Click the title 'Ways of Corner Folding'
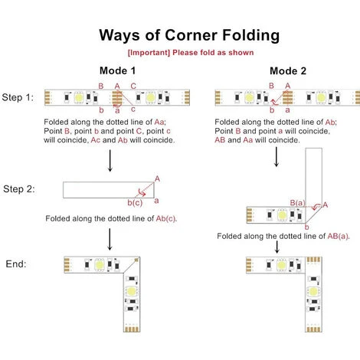pyautogui.click(x=189, y=35)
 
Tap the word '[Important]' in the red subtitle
pyautogui.click(x=149, y=53)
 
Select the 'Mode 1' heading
pyautogui.click(x=117, y=70)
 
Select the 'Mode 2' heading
pyautogui.click(x=288, y=70)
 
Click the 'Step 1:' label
pyautogui.click(x=18, y=97)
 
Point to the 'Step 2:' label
pyautogui.click(x=19, y=189)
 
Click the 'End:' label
pyautogui.click(x=16, y=263)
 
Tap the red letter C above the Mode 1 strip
pyautogui.click(x=133, y=86)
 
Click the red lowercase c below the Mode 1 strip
pyautogui.click(x=133, y=110)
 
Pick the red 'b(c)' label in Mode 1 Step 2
pyautogui.click(x=135, y=203)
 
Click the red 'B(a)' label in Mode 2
pyautogui.click(x=298, y=203)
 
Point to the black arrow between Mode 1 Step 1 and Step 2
pyautogui.click(x=110, y=161)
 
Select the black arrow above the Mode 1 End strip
pyautogui.click(x=110, y=239)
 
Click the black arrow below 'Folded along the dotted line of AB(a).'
pyautogui.click(x=277, y=247)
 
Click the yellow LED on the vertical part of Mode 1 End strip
pyautogui.click(x=132, y=291)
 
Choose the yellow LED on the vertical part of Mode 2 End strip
pyautogui.click(x=313, y=291)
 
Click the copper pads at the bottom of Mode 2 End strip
pyautogui.click(x=313, y=329)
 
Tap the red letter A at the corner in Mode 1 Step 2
pyautogui.click(x=157, y=178)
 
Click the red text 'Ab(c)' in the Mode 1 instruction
pyautogui.click(x=165, y=219)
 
